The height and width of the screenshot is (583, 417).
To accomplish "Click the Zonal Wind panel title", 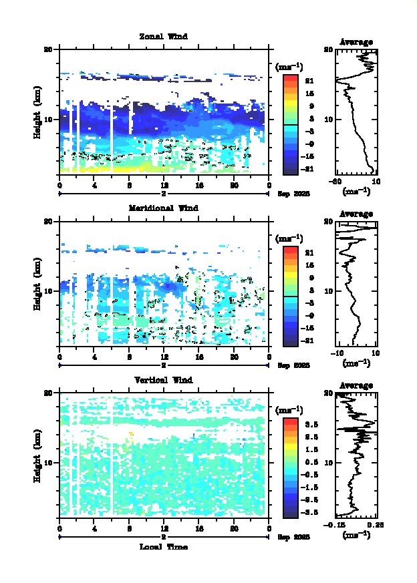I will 163,36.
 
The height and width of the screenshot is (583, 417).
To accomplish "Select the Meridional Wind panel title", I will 163,208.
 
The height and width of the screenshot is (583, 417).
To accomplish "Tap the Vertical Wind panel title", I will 163,380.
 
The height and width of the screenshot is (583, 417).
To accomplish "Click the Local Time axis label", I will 163,547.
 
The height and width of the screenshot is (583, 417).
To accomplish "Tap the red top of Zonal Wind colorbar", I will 290,77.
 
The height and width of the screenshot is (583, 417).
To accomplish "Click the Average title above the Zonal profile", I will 356,42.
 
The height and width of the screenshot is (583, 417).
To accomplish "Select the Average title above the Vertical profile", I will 356,385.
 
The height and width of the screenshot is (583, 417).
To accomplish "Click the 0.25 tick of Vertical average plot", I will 376,526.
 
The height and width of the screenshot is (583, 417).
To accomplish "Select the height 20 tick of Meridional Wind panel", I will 48,221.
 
